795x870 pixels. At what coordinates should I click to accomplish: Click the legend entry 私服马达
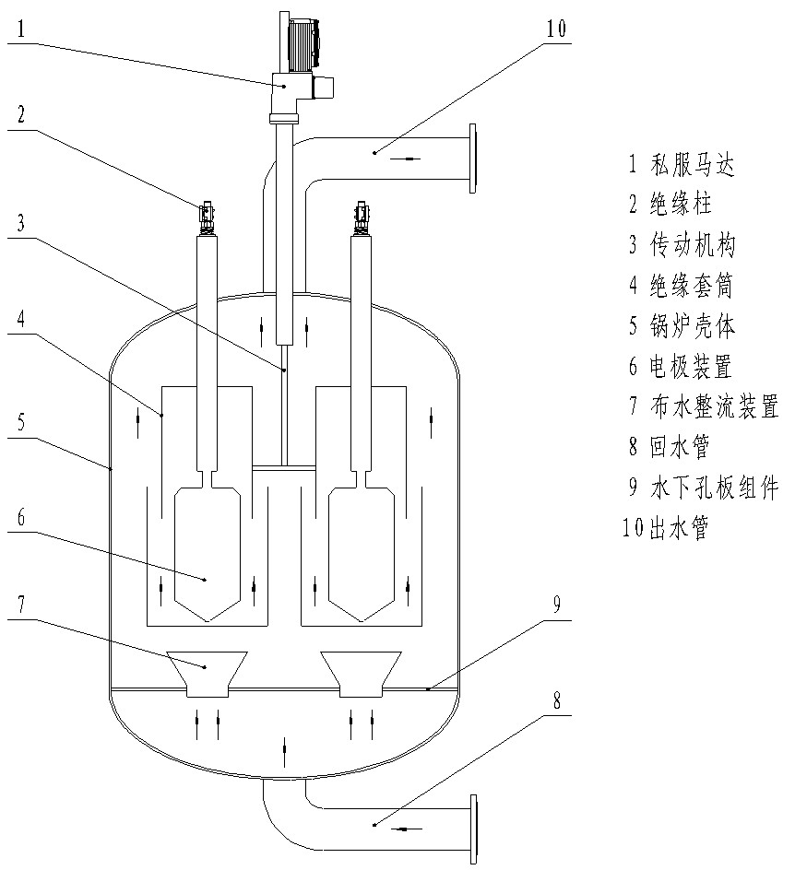[x=682, y=165]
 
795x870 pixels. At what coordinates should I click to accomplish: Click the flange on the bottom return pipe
[x=476, y=829]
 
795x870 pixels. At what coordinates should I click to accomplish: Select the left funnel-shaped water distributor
[x=206, y=674]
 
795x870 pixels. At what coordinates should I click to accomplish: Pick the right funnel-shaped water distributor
[x=360, y=674]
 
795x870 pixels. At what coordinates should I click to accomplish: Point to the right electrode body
[x=361, y=553]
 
